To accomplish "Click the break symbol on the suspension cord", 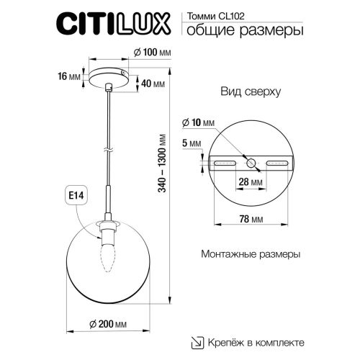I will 108,150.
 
